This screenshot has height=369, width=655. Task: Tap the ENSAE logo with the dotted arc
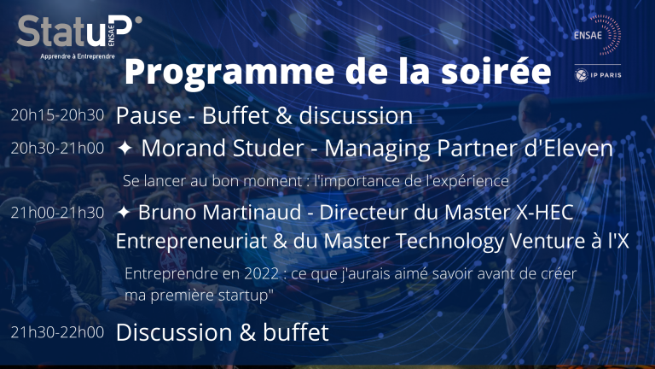click(x=597, y=35)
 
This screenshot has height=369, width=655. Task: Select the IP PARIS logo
click(x=598, y=75)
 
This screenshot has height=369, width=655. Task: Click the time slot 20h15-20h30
click(x=57, y=115)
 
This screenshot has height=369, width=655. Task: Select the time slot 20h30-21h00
click(x=57, y=148)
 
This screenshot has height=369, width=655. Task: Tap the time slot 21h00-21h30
click(x=57, y=213)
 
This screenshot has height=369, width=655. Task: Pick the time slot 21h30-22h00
click(x=57, y=332)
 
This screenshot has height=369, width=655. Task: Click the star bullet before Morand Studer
click(x=125, y=148)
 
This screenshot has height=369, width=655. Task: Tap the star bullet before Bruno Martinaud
click(x=124, y=212)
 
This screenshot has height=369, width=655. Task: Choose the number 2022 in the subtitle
click(x=261, y=273)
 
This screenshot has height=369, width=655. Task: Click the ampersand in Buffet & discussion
click(x=284, y=115)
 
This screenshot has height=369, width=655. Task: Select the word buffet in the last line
click(x=296, y=332)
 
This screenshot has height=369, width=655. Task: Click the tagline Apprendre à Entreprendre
click(x=78, y=56)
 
